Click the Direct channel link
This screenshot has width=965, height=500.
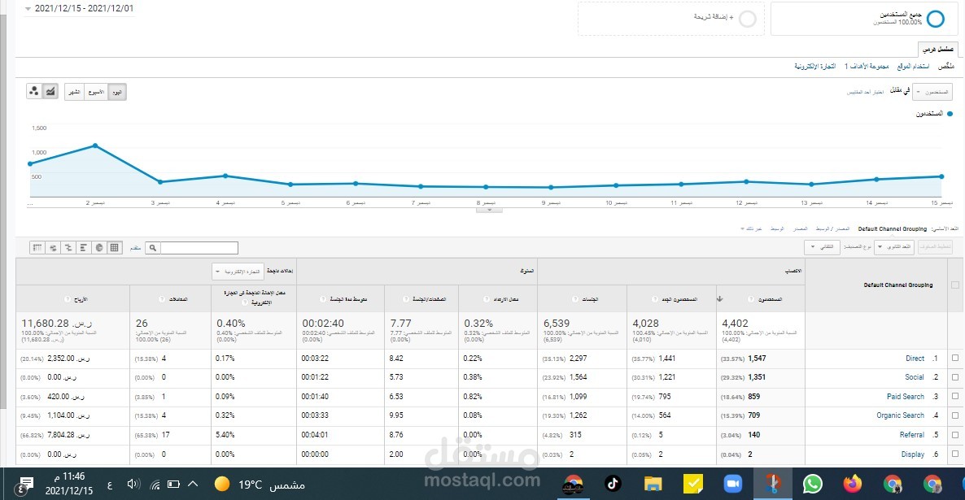[915, 359]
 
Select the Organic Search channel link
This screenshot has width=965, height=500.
[900, 415]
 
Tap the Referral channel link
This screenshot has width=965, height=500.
[911, 435]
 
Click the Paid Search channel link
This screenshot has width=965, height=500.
[906, 397]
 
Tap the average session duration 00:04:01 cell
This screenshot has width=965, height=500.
[316, 435]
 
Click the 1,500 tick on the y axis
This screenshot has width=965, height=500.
[39, 128]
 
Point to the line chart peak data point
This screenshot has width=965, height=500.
[96, 146]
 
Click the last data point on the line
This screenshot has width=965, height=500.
[941, 176]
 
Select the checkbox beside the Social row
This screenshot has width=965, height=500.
[955, 377]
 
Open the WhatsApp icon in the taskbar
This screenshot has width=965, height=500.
[812, 484]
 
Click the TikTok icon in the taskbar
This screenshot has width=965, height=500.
[613, 484]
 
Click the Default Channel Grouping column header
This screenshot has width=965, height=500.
[898, 285]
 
